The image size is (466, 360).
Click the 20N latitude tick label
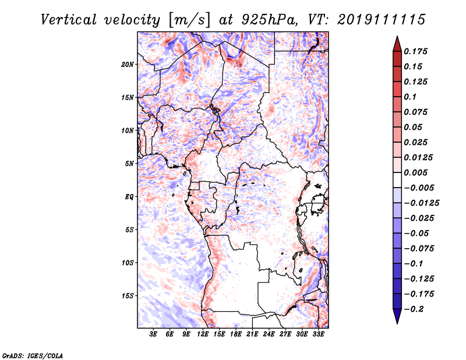[128, 65]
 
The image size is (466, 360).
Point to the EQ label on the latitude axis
[129, 197]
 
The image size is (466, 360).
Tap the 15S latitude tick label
[128, 296]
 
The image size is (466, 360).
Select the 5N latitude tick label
[129, 164]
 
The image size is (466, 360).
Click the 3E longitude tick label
[153, 334]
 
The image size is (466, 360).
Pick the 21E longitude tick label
[252, 334]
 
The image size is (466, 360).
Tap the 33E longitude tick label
[318, 334]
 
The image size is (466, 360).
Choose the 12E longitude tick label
[203, 334]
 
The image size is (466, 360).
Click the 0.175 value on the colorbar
[415, 51]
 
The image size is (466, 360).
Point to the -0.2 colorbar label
[414, 309]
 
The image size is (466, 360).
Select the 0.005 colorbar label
[415, 172]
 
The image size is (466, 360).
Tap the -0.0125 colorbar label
[421, 203]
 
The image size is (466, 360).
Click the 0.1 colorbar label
[410, 97]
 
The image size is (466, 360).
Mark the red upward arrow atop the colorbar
[397, 44]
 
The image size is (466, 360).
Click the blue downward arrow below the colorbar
[397, 316]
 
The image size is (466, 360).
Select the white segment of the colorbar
[397, 180]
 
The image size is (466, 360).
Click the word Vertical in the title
[68, 20]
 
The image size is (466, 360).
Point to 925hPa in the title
[269, 20]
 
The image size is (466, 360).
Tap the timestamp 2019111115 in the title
[382, 20]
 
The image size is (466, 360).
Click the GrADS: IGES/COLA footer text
[33, 355]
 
